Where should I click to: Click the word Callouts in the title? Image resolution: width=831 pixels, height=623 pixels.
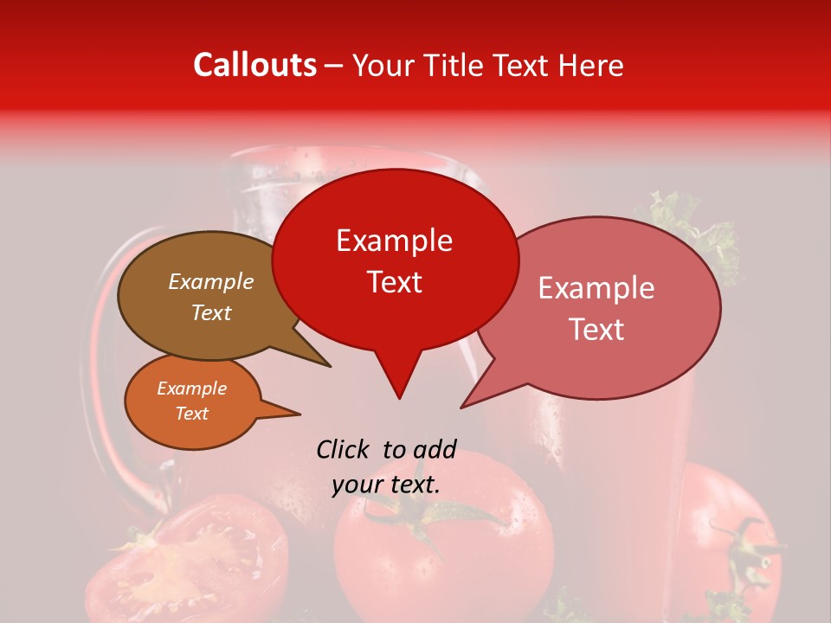pyautogui.click(x=254, y=65)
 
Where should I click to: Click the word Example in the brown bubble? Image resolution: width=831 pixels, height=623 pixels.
pyautogui.click(x=211, y=282)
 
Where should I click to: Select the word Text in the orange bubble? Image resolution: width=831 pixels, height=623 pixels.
pyautogui.click(x=192, y=414)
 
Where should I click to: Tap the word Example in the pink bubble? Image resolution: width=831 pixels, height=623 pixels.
pyautogui.click(x=596, y=288)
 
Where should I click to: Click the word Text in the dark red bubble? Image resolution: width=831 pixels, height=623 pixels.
pyautogui.click(x=395, y=282)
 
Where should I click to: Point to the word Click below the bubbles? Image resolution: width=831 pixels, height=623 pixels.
pyautogui.click(x=343, y=449)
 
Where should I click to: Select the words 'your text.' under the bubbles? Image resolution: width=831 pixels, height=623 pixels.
pyautogui.click(x=386, y=485)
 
